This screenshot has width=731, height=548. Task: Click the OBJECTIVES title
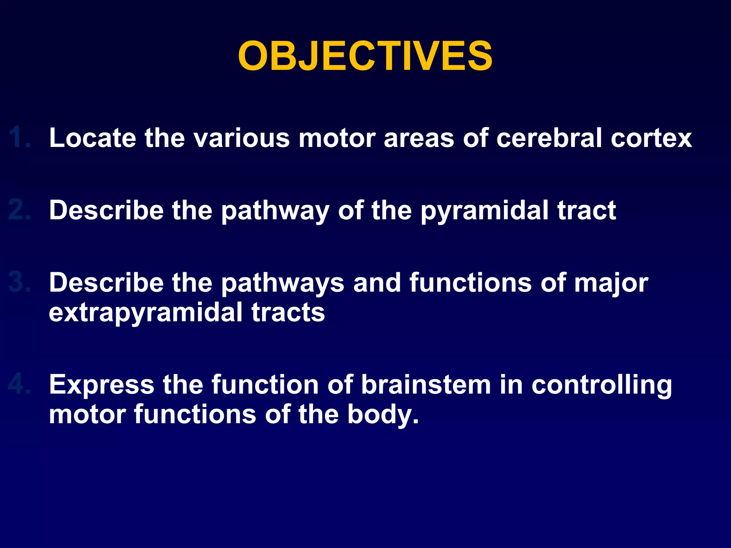365,56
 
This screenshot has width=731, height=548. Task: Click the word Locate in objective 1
92,138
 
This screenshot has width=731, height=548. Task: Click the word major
611,283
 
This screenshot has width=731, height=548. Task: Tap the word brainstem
426,385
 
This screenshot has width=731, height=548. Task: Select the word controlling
601,385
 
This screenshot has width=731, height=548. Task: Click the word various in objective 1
242,138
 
